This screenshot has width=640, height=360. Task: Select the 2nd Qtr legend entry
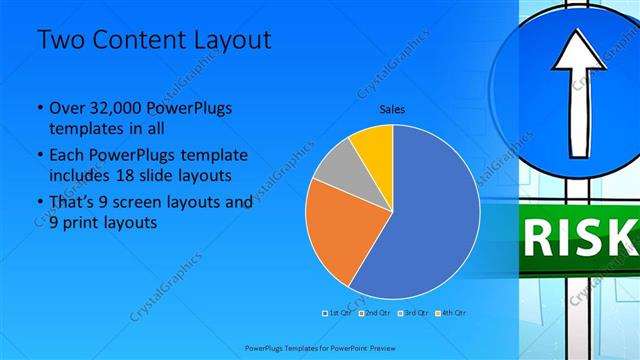(x=376, y=314)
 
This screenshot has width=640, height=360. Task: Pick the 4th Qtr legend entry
(x=452, y=314)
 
